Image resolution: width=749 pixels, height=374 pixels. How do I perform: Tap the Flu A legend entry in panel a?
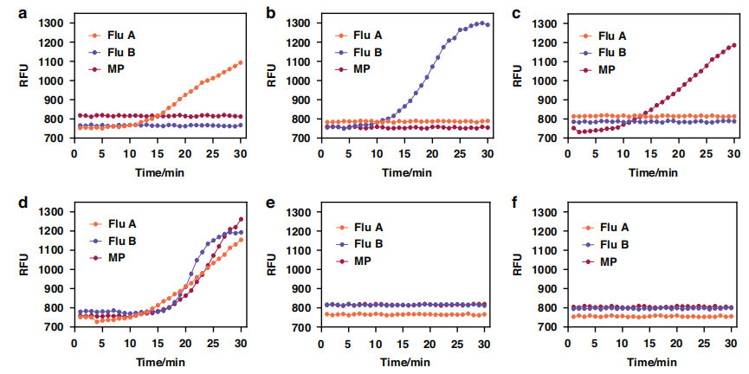[x=119, y=35]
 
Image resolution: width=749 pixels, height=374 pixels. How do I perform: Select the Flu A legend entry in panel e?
[x=366, y=228]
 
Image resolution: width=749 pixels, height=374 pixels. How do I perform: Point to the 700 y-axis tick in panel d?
[x=51, y=327]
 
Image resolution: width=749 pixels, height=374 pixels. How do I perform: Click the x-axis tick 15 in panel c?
[x=650, y=153]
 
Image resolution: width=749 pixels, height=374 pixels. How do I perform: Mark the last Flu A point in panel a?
[x=240, y=62]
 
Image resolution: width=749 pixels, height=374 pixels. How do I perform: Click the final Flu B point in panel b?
[x=488, y=24]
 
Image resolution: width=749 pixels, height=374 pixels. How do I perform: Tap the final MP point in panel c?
[x=734, y=45]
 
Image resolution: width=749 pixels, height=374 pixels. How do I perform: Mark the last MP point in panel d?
[x=240, y=219]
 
